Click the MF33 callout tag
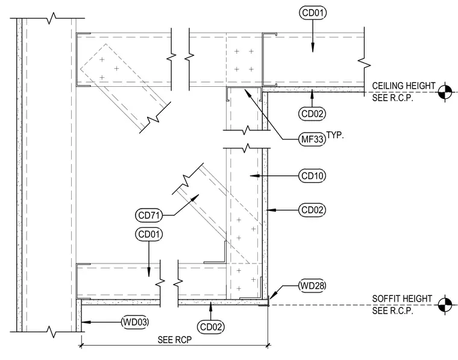pyautogui.click(x=312, y=139)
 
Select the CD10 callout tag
pyautogui.click(x=312, y=176)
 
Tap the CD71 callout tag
pyautogui.click(x=149, y=215)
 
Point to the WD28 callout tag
pyautogui.click(x=312, y=285)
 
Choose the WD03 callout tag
pyautogui.click(x=135, y=322)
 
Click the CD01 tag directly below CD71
pyautogui.click(x=149, y=235)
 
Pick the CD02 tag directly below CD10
pyautogui.click(x=312, y=210)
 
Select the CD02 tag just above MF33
pyautogui.click(x=312, y=114)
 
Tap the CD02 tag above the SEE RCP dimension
pyautogui.click(x=211, y=327)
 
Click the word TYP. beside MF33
pyautogui.click(x=335, y=135)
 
